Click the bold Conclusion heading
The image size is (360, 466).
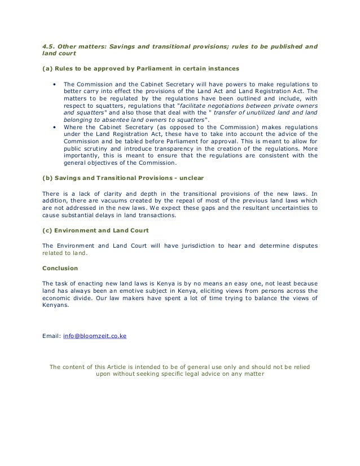coord(60,268)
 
